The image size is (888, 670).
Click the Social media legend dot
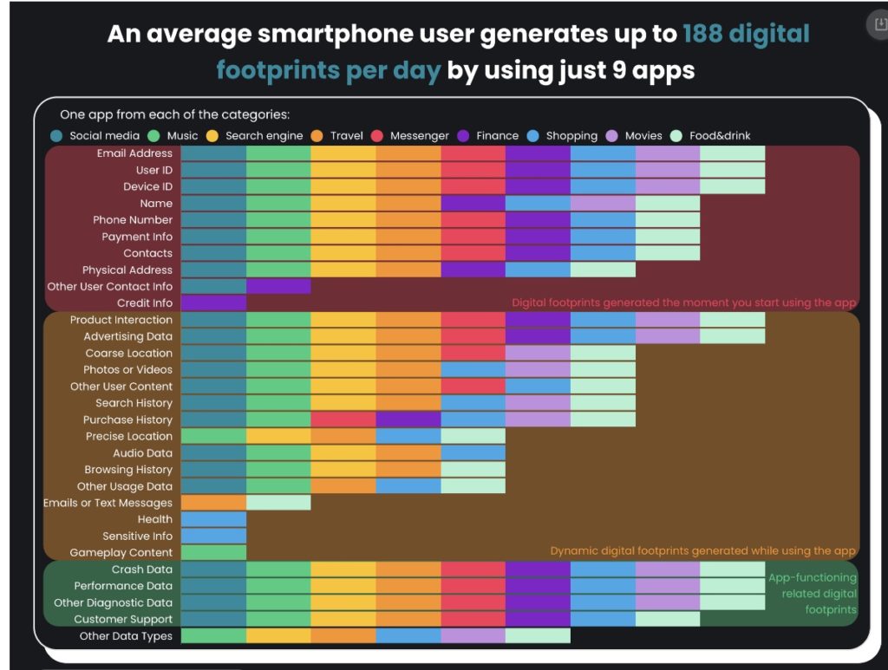point(56,135)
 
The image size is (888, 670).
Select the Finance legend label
point(497,135)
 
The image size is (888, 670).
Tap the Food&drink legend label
point(720,135)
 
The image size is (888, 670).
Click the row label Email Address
point(134,153)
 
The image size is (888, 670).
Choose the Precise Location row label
point(129,436)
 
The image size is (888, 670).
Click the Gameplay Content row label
point(121,552)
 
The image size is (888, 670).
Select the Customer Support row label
point(123,619)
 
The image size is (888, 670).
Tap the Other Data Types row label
point(126,636)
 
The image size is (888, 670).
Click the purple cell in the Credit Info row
point(213,303)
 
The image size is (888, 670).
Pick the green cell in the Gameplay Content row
point(213,552)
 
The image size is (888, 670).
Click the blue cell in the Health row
point(213,519)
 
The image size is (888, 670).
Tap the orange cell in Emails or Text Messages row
point(213,503)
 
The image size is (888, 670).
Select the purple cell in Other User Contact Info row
point(278,286)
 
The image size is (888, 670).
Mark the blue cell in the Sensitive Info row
point(213,536)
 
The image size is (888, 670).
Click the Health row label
point(155,519)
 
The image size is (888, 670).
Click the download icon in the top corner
point(878,24)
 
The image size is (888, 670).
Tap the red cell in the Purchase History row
point(343,420)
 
